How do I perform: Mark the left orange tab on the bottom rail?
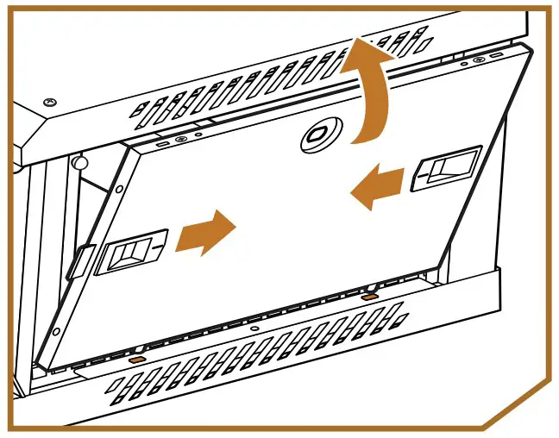pyautogui.click(x=135, y=355)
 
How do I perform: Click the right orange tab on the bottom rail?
pyautogui.click(x=369, y=297)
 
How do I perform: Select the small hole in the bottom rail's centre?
pyautogui.click(x=251, y=328)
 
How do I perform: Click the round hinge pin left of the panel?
pyautogui.click(x=79, y=161)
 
